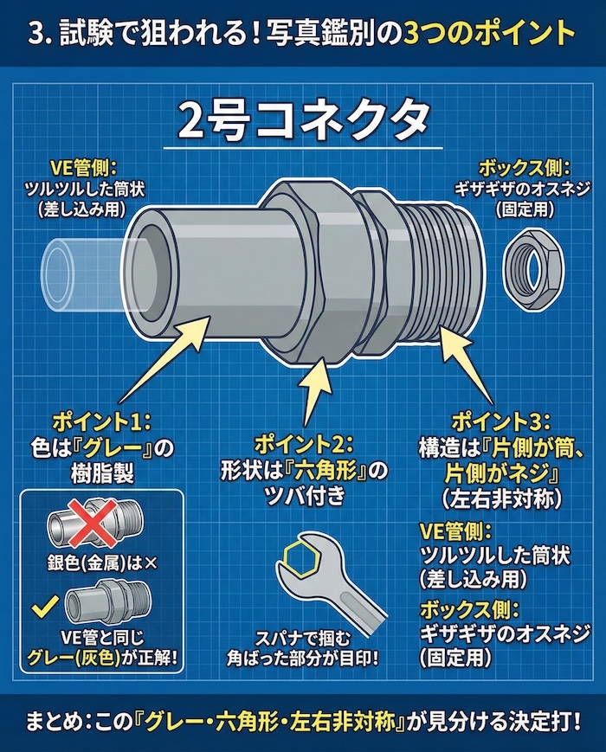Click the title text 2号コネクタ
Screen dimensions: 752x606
click(x=302, y=124)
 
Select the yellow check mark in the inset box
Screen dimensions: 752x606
click(x=38, y=607)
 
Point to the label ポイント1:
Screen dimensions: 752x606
click(x=102, y=421)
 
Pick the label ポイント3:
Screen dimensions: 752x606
click(x=500, y=421)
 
